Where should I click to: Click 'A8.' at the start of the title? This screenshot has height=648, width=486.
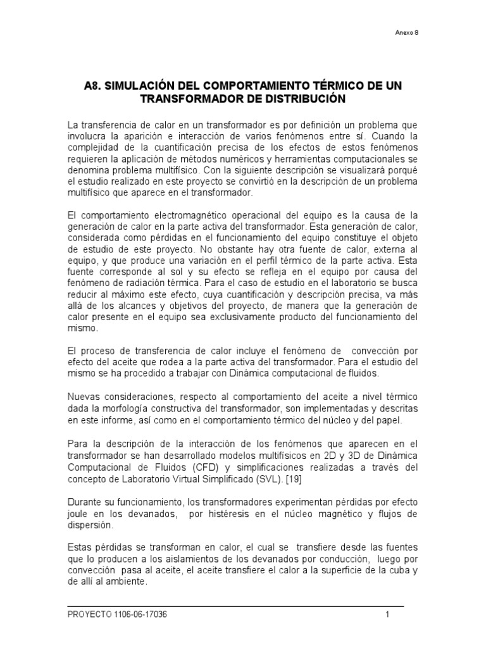point(97,85)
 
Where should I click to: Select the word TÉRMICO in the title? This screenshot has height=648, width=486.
point(316,85)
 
